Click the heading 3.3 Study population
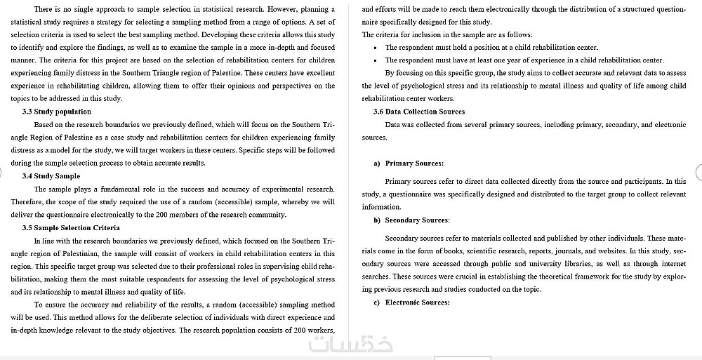tap(56, 111)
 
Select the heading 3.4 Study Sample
tap(51, 175)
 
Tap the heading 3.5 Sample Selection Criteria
tap(71, 227)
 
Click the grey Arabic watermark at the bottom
tap(350, 345)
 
